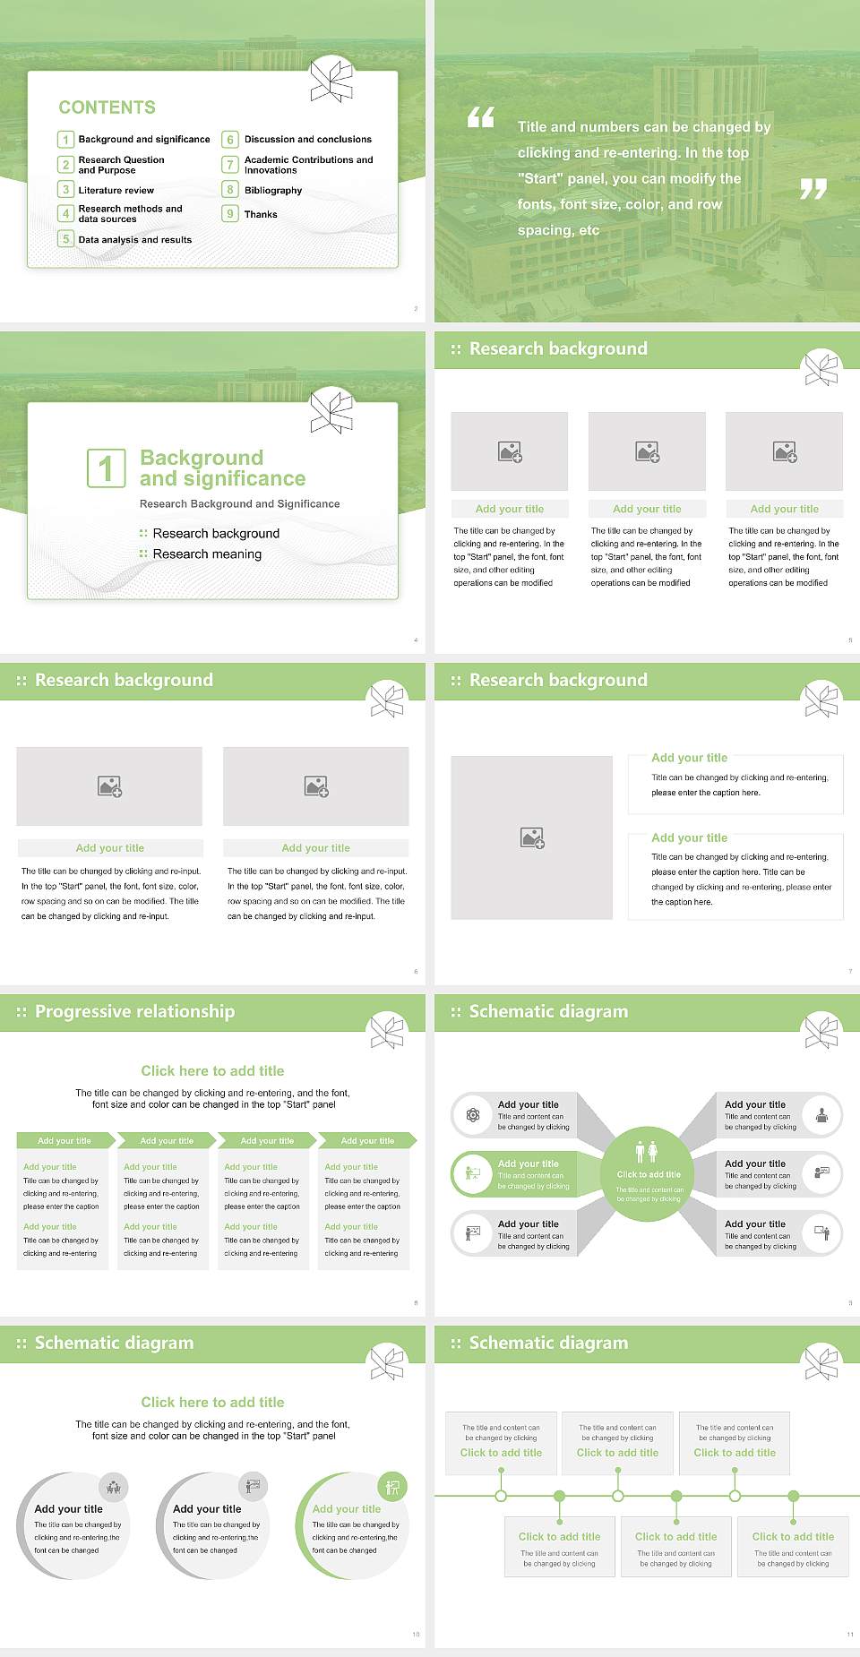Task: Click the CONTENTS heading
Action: click(x=107, y=107)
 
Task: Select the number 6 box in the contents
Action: click(x=230, y=140)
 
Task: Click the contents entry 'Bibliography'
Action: click(x=272, y=191)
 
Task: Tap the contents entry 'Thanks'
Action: click(x=261, y=215)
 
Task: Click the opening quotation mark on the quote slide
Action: click(x=481, y=117)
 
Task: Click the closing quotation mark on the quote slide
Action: click(x=813, y=189)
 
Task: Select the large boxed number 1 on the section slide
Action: click(x=106, y=468)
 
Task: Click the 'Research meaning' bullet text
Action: click(x=207, y=554)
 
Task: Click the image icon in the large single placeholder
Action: click(x=532, y=838)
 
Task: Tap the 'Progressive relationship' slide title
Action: click(x=134, y=1012)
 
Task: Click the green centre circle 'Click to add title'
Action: click(x=648, y=1173)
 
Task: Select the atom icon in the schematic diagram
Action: click(x=473, y=1115)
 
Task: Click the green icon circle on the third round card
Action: click(x=392, y=1488)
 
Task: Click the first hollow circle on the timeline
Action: click(x=501, y=1496)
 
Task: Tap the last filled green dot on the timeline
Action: click(x=793, y=1496)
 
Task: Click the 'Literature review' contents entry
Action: click(x=116, y=191)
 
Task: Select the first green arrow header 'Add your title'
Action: click(x=64, y=1141)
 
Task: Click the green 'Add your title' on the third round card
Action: click(x=347, y=1509)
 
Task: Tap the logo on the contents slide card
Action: click(x=331, y=80)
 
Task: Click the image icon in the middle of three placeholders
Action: click(x=647, y=451)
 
